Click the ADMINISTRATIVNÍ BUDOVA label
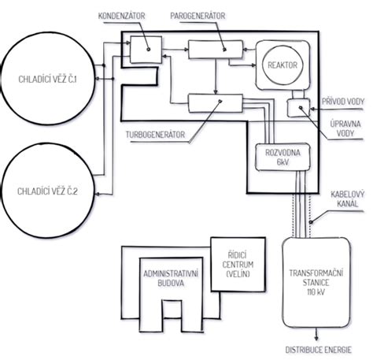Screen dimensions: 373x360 click(x=171, y=278)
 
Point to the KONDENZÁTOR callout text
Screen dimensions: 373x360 click(x=121, y=16)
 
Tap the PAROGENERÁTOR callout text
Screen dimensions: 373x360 click(x=198, y=16)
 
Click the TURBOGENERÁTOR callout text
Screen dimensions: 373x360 click(x=155, y=135)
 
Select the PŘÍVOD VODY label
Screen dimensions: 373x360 click(x=343, y=102)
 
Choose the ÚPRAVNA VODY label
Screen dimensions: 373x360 click(x=345, y=128)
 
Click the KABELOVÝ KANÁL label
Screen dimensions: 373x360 click(x=347, y=199)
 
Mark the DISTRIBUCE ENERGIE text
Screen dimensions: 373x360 click(x=318, y=350)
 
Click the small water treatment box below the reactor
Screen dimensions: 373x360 click(x=298, y=108)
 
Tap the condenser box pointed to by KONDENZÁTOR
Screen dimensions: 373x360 click(x=146, y=50)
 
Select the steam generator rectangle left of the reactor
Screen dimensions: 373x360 click(x=216, y=50)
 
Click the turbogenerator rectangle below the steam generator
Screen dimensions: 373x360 click(x=216, y=103)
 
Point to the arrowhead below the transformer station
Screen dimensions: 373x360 click(x=316, y=338)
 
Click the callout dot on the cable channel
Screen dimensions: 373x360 click(x=311, y=222)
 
